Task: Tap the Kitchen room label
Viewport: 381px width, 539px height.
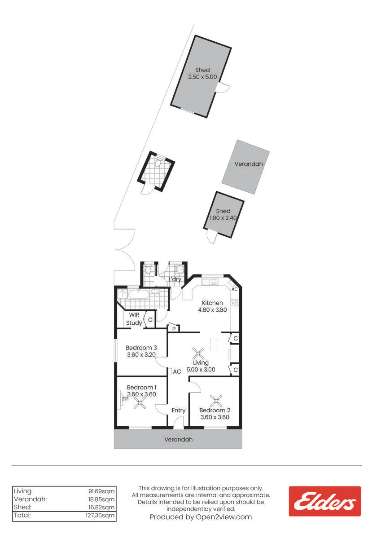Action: [x=212, y=303]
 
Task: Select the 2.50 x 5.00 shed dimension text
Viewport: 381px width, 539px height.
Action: [x=202, y=77]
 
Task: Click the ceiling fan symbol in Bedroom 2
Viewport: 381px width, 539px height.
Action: [x=216, y=401]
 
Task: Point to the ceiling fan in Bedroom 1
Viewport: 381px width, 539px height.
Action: [x=140, y=403]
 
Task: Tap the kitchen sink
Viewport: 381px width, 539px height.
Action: [x=210, y=282]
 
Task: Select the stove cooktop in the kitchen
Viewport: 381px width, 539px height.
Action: [x=235, y=303]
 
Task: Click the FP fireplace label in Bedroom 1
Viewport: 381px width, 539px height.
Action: [x=125, y=399]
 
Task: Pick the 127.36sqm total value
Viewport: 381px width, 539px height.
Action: [x=100, y=516]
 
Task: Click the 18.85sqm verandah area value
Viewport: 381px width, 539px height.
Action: [x=101, y=499]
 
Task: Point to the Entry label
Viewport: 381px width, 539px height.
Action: [x=178, y=411]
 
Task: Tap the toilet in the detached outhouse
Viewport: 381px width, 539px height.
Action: [x=158, y=163]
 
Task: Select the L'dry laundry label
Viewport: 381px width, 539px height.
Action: [x=175, y=279]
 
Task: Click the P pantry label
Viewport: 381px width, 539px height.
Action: [x=174, y=329]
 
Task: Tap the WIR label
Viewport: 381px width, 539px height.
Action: [x=134, y=315]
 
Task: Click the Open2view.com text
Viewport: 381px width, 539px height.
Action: [x=224, y=517]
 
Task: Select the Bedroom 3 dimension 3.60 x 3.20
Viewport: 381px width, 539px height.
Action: [x=141, y=355]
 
